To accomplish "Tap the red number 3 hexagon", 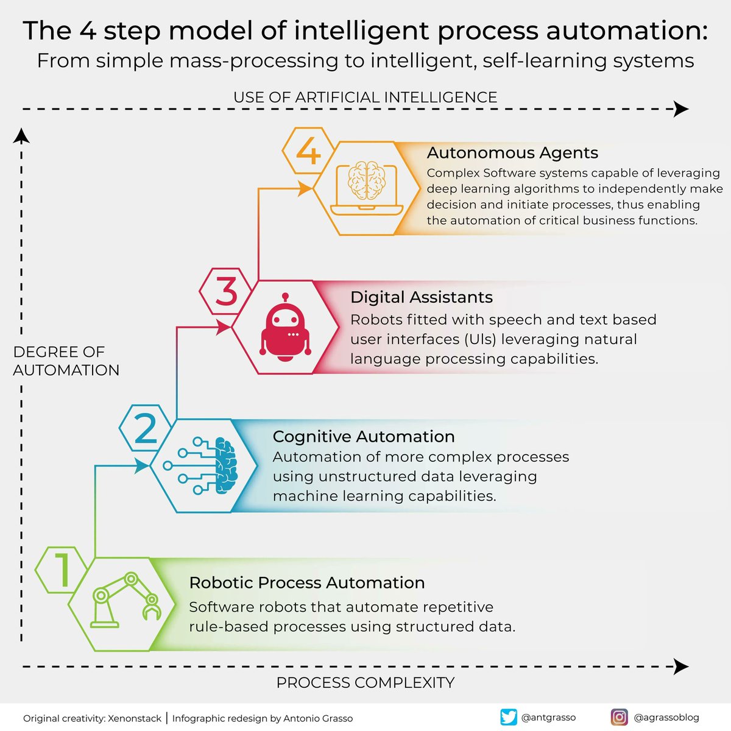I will pos(225,291).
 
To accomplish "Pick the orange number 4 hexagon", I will pos(308,150).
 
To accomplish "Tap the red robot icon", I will pos(285,327).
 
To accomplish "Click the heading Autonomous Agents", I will pos(512,152).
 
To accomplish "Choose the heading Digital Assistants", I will pos(421,297).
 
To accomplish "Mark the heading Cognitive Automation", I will pos(364,436).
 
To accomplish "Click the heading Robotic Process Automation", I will pos(307,582).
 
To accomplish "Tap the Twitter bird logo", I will pos(508,717).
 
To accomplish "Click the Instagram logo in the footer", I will pos(619,717).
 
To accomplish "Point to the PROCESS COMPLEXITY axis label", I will pos(365,682).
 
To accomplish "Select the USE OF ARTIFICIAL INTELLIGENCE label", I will pos(365,97).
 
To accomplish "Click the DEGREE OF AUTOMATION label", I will pos(66,361).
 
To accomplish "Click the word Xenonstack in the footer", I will pos(137,718).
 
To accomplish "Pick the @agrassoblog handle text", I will pos(666,717).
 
